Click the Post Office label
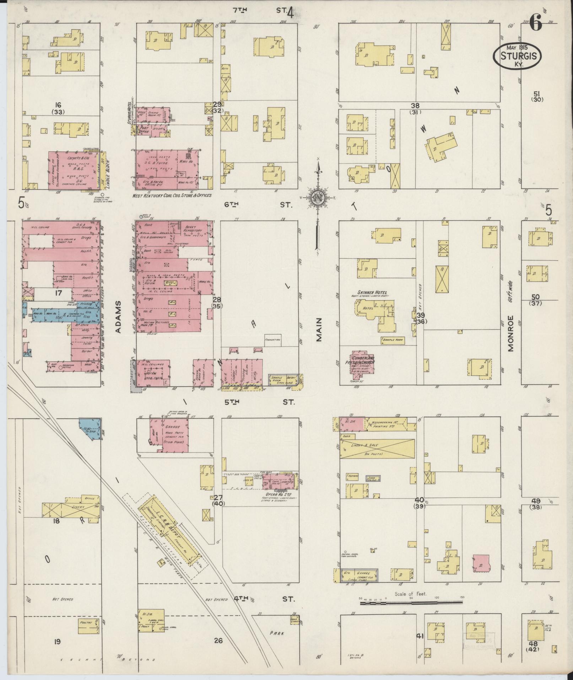coord(145,129)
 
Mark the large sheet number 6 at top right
coord(536,25)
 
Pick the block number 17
coord(58,293)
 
